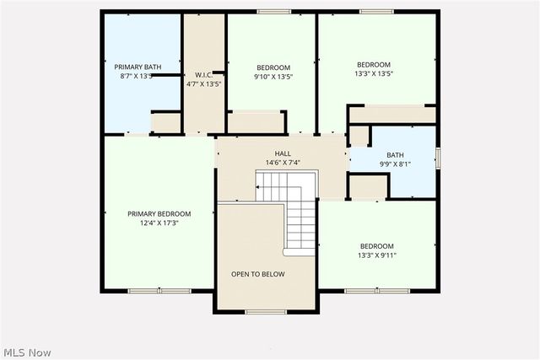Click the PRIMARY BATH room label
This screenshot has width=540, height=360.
[x=137, y=66]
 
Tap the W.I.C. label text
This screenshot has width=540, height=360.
[x=202, y=74]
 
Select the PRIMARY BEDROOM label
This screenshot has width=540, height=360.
[x=159, y=213]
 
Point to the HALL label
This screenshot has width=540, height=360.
[x=283, y=153]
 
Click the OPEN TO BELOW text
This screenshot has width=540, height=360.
[x=258, y=274]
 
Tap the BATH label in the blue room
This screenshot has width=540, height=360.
[x=395, y=154]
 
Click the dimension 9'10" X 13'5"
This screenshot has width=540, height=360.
[x=273, y=76]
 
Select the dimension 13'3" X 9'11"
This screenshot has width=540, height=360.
[x=376, y=255]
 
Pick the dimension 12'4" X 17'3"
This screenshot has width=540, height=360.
[x=159, y=223]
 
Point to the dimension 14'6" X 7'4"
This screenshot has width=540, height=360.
[x=283, y=162]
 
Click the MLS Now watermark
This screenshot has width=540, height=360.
[x=27, y=351]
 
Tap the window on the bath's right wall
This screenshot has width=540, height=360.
[x=438, y=158]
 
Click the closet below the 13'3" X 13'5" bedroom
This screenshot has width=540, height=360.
[x=391, y=115]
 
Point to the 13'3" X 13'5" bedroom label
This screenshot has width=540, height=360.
[x=373, y=65]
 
